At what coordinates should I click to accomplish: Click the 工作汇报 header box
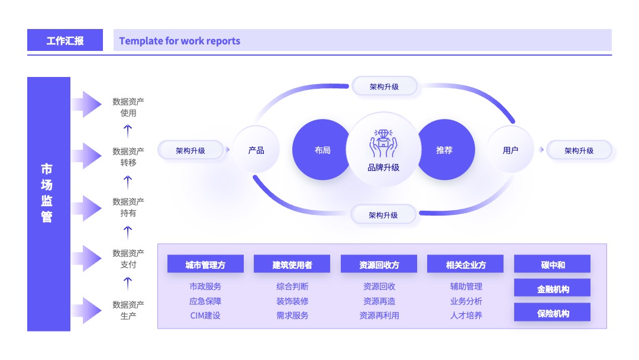pyautogui.click(x=65, y=40)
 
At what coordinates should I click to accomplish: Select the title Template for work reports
pyautogui.click(x=180, y=41)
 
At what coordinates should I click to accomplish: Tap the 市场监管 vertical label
pyautogui.click(x=47, y=193)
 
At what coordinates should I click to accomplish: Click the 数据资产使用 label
pyautogui.click(x=128, y=107)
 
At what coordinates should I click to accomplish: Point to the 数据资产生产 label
pyautogui.click(x=128, y=310)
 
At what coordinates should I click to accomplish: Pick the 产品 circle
pyautogui.click(x=256, y=150)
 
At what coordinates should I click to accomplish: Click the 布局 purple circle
pyautogui.click(x=322, y=150)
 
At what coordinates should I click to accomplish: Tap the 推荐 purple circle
pyautogui.click(x=444, y=150)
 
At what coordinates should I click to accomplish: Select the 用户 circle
pyautogui.click(x=510, y=150)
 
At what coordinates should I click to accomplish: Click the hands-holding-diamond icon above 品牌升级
pyautogui.click(x=383, y=143)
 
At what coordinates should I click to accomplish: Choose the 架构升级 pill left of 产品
pyautogui.click(x=191, y=150)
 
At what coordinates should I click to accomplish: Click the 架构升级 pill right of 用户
pyautogui.click(x=579, y=150)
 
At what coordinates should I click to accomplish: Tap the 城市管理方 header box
pyautogui.click(x=205, y=264)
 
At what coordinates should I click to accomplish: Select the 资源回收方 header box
pyautogui.click(x=379, y=264)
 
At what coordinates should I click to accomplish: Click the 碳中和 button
pyautogui.click(x=552, y=264)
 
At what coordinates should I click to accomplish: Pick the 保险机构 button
pyautogui.click(x=552, y=312)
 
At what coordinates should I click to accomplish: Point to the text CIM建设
pyautogui.click(x=205, y=316)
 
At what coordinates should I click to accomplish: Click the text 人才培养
pyautogui.click(x=466, y=316)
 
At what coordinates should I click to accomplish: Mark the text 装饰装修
pyautogui.click(x=292, y=301)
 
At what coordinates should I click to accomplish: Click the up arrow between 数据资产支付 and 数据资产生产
pyautogui.click(x=128, y=284)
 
